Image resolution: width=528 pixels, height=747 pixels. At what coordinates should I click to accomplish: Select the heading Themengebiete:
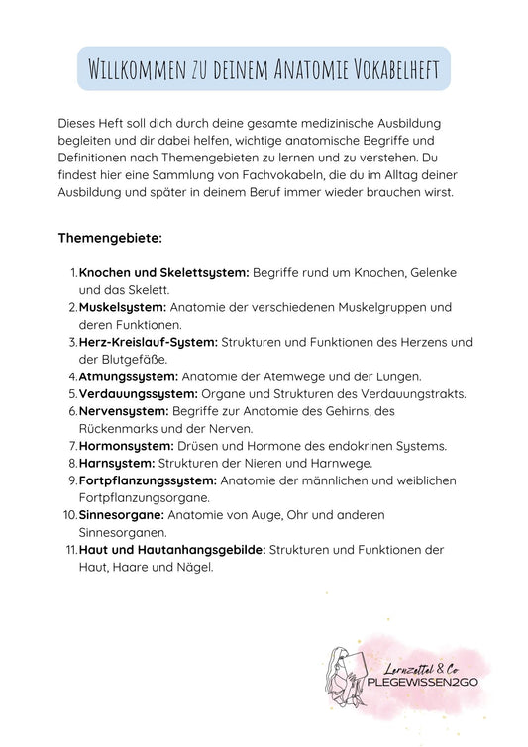pyautogui.click(x=109, y=239)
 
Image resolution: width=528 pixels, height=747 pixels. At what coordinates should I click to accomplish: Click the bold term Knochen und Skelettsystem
pyautogui.click(x=164, y=271)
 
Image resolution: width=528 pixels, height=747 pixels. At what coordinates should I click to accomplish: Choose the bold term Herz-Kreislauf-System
pyautogui.click(x=149, y=341)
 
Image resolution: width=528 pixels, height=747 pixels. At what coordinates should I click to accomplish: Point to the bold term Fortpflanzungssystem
pyautogui.click(x=148, y=480)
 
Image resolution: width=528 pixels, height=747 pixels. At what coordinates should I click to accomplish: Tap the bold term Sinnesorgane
pyautogui.click(x=122, y=515)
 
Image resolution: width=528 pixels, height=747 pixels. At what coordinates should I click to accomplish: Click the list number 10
pyautogui.click(x=69, y=515)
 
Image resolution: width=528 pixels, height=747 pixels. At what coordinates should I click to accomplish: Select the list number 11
pyautogui.click(x=69, y=549)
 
